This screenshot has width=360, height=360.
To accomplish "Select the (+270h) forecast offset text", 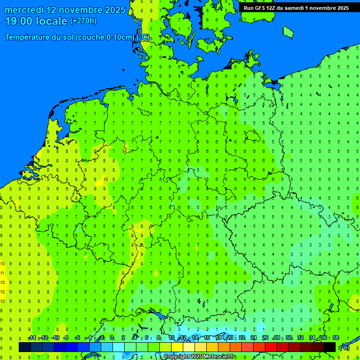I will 83,21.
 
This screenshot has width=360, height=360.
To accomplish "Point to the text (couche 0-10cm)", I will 107,37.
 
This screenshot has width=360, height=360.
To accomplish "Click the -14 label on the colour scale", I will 32,338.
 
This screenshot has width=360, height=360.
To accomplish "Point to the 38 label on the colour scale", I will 336,338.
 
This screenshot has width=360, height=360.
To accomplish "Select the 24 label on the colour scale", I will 254,338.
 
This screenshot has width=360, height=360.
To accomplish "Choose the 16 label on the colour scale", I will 207,338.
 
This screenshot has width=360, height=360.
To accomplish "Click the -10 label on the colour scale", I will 55,338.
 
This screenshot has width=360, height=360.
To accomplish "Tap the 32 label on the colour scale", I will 300,338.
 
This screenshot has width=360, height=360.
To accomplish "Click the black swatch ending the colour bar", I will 330,347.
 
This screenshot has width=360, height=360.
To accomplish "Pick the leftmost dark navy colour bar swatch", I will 25,347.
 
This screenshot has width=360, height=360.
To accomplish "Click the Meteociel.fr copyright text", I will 199,357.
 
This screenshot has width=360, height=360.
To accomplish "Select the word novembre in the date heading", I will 79,10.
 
